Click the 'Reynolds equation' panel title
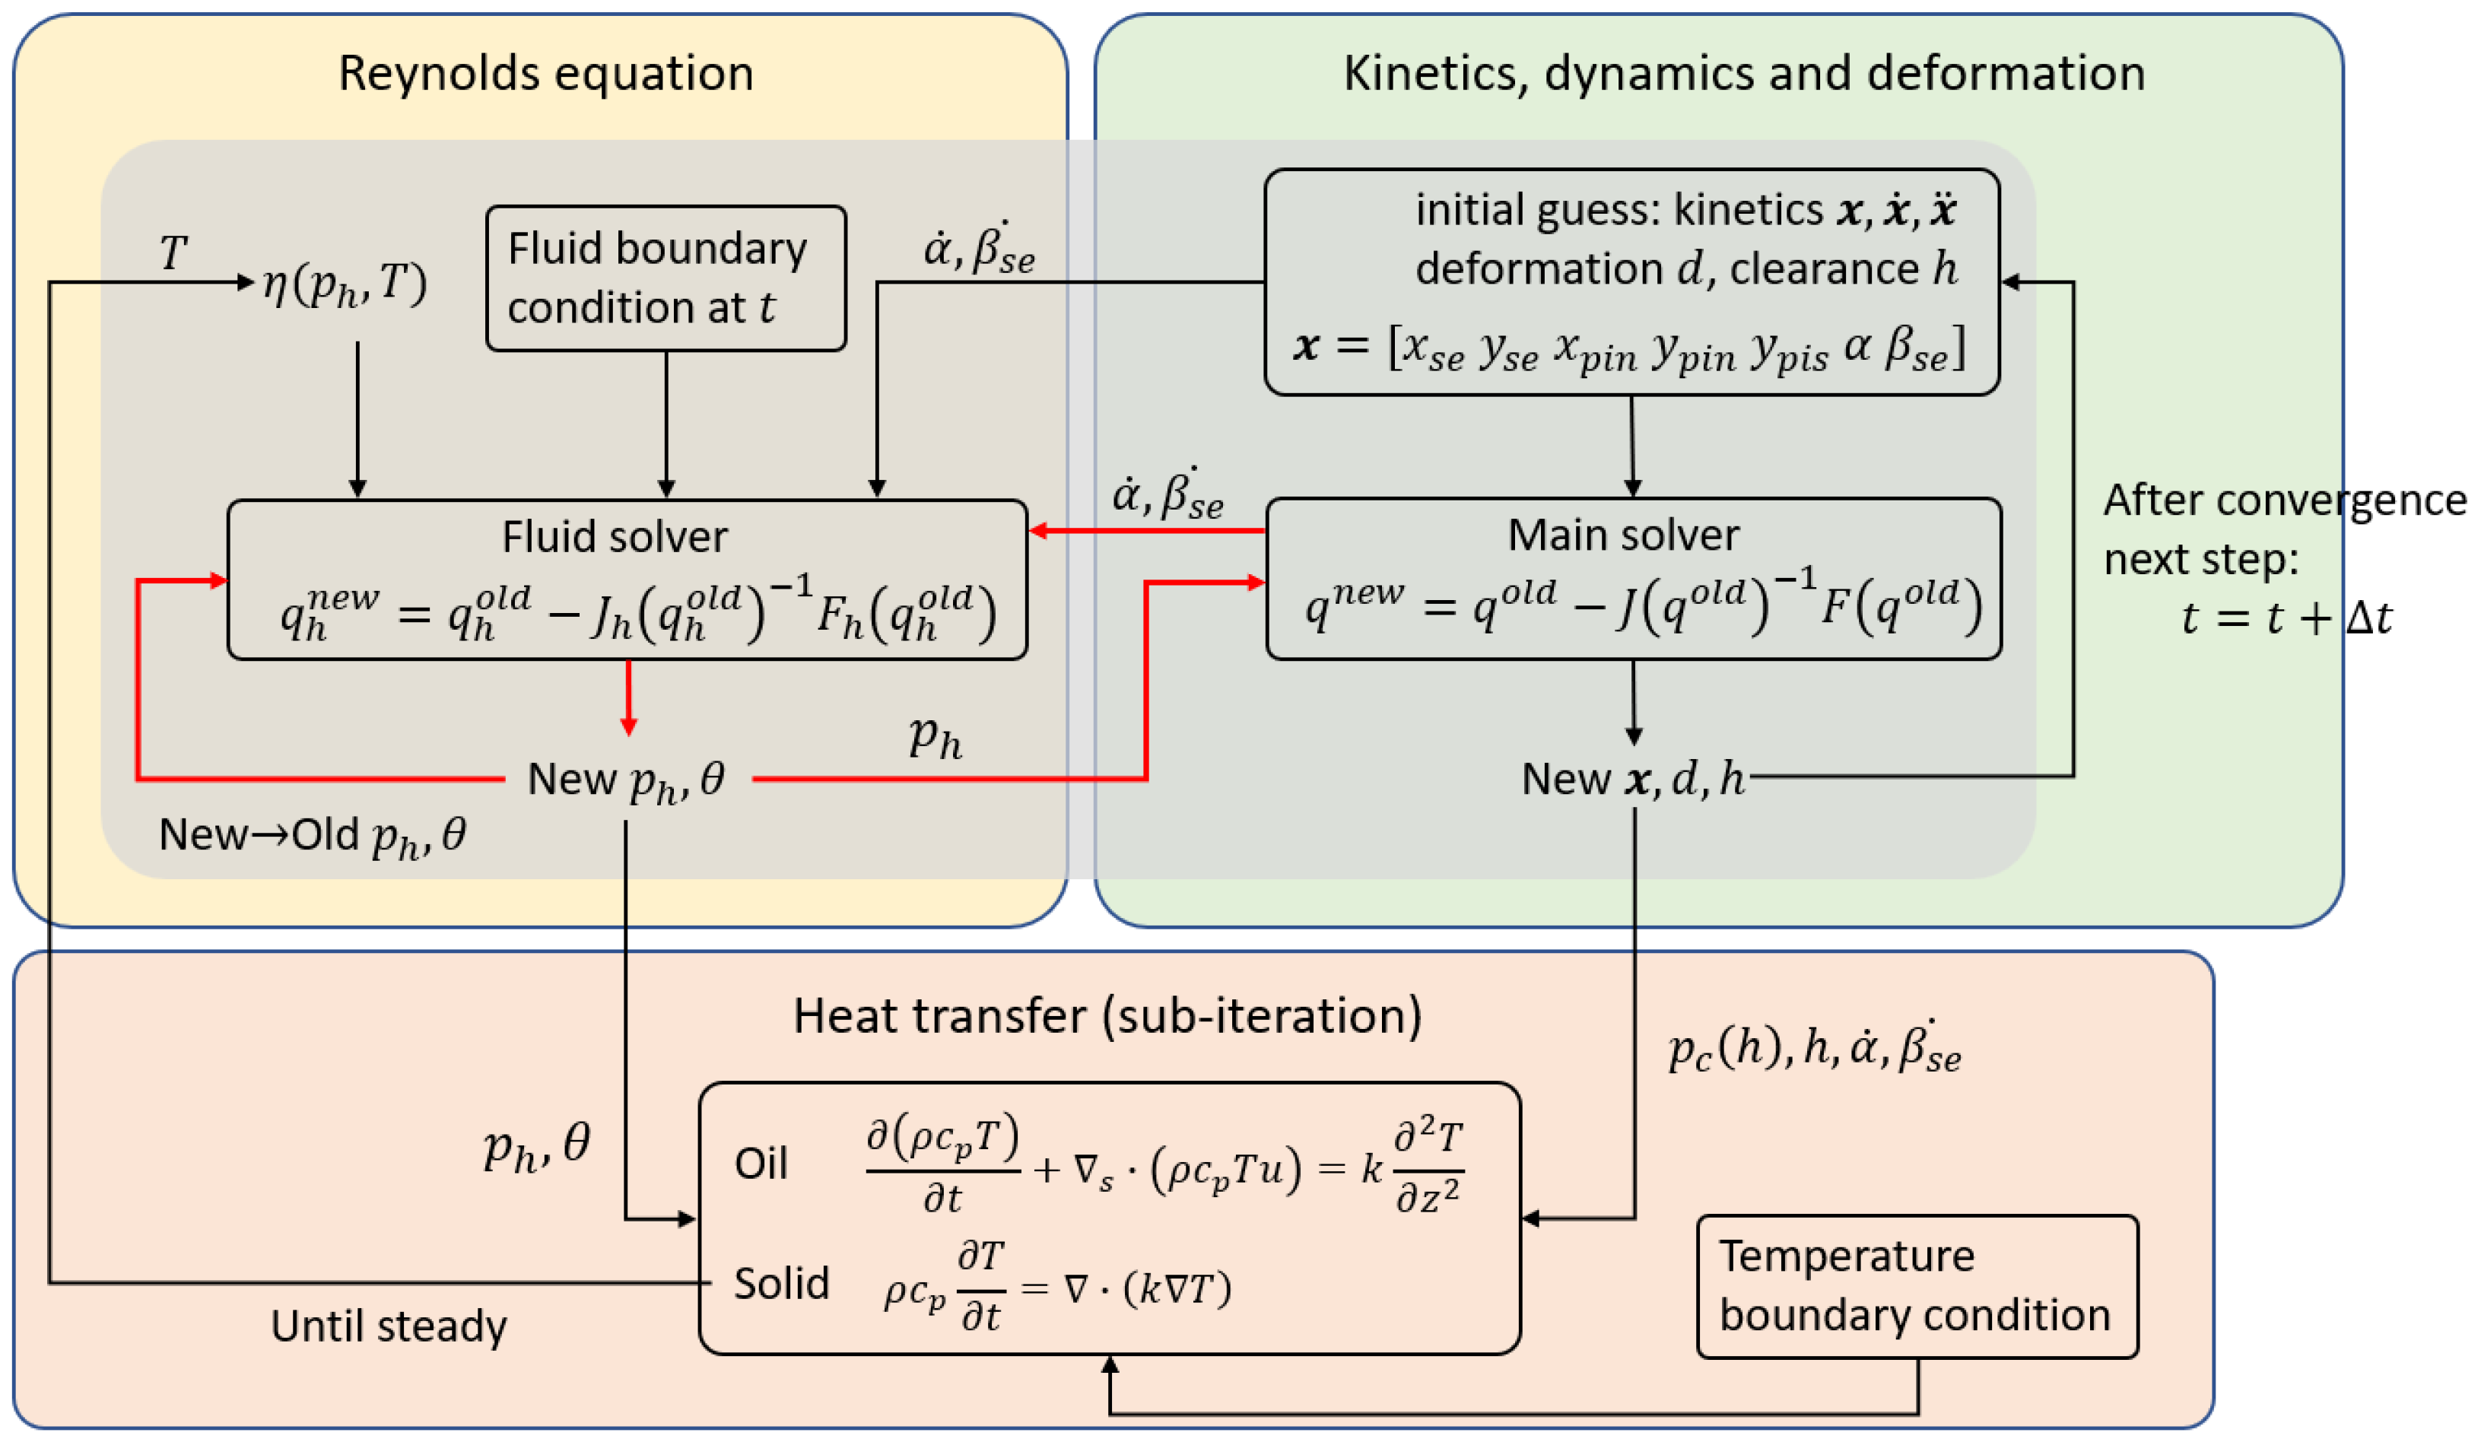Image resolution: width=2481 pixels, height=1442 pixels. click(x=545, y=74)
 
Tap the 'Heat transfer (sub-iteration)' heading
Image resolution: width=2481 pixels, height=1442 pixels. click(x=1107, y=1016)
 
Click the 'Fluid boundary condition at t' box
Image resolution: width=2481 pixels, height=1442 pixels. click(x=666, y=278)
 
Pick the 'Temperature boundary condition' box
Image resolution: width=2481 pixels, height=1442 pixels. click(x=1916, y=1287)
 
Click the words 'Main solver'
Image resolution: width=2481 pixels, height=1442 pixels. click(x=1624, y=535)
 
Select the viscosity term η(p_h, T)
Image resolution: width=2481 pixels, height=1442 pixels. click(x=345, y=285)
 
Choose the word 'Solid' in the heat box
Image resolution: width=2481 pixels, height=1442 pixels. click(x=782, y=1285)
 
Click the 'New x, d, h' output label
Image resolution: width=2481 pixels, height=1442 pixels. click(x=1632, y=780)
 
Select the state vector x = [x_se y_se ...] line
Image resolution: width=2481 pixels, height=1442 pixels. click(x=1629, y=348)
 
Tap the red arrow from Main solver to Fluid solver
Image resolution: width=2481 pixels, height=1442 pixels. click(x=1147, y=532)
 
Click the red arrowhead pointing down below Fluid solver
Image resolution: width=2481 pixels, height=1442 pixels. click(x=628, y=726)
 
